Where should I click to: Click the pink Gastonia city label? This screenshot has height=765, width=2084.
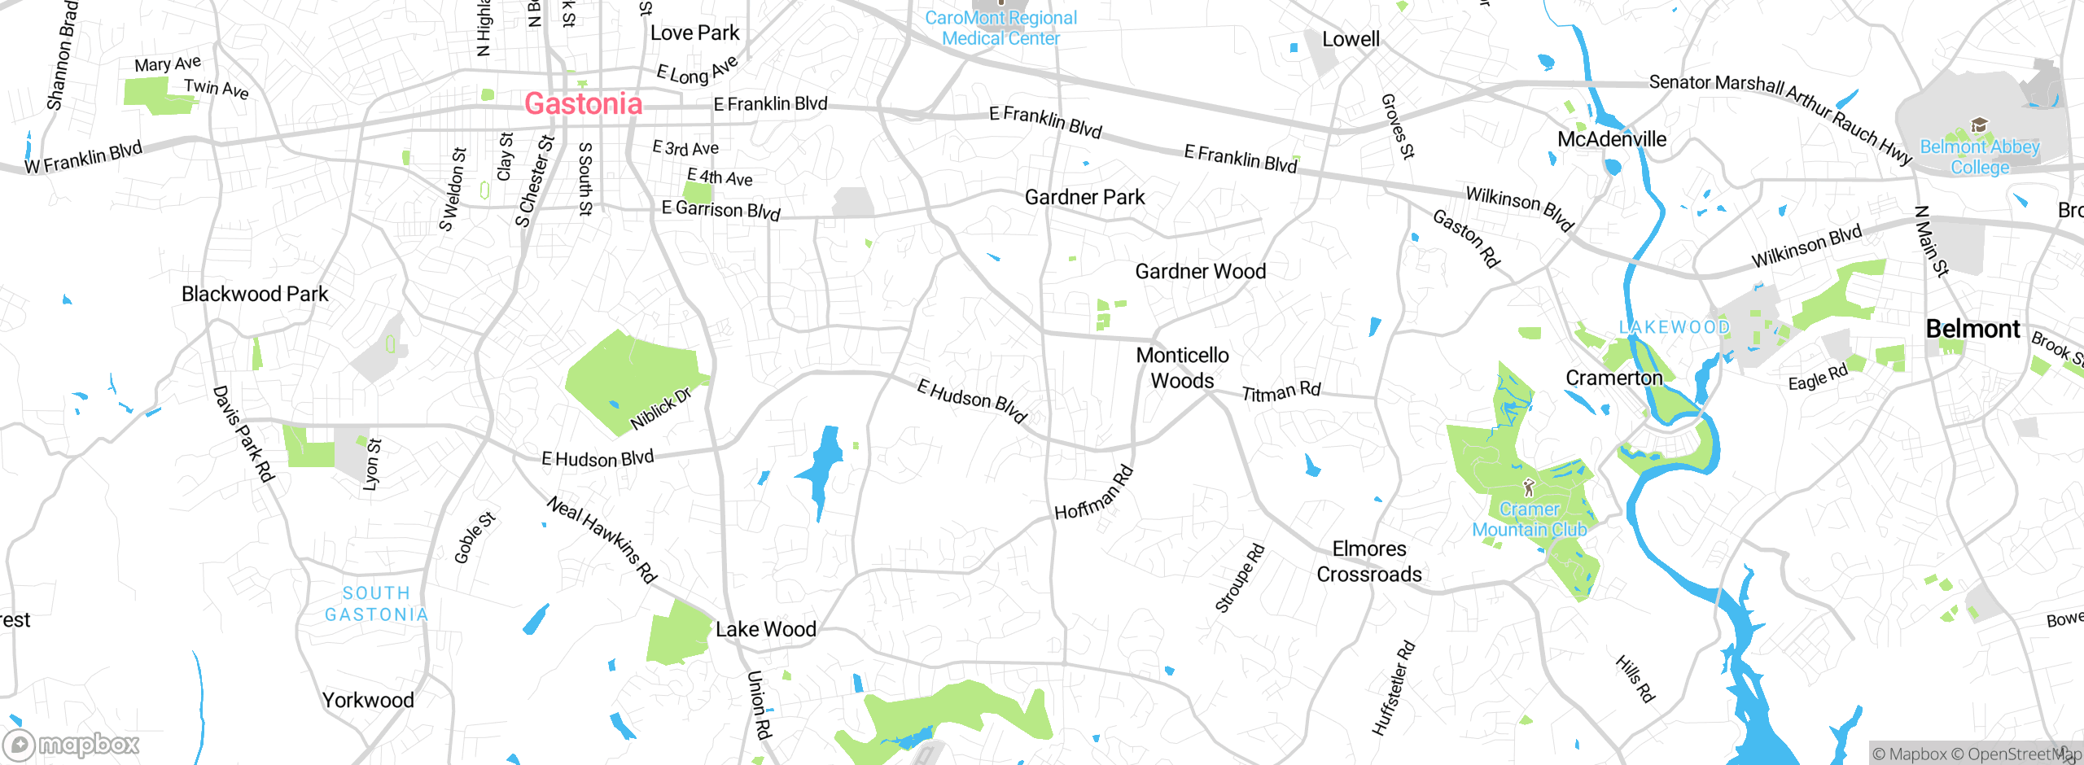tap(583, 103)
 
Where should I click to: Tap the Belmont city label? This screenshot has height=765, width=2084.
tap(1972, 329)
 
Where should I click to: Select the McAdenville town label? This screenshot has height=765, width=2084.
tap(1611, 139)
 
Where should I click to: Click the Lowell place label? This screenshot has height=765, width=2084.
tap(1351, 39)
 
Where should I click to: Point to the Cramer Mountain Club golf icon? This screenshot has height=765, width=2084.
tap(1529, 487)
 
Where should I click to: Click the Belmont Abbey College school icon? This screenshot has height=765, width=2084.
tap(1979, 125)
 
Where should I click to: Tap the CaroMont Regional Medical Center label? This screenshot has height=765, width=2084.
tap(1000, 28)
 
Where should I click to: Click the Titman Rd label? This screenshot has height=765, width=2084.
tap(1281, 392)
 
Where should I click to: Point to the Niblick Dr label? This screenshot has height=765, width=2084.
tap(660, 409)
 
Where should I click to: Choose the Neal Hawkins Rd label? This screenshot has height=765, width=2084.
tap(602, 539)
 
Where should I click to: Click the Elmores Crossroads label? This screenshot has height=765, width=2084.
tap(1369, 562)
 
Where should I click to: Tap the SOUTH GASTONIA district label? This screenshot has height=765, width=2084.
tap(376, 604)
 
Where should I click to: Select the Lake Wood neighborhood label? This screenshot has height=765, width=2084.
tap(765, 629)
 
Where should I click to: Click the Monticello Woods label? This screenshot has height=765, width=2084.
tap(1182, 368)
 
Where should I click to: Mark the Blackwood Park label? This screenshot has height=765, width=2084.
tap(255, 294)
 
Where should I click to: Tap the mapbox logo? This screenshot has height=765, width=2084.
tap(72, 744)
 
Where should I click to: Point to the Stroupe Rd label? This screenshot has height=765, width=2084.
tap(1240, 578)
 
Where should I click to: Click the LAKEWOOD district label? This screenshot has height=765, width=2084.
tap(1674, 327)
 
